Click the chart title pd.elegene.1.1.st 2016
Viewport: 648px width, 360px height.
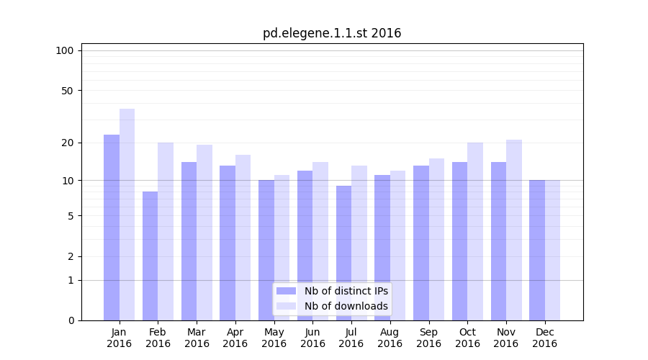click(331, 33)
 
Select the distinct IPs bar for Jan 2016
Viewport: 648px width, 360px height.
click(112, 227)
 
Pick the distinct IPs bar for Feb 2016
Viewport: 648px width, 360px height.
click(150, 256)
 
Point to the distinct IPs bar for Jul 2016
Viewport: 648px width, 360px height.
click(343, 253)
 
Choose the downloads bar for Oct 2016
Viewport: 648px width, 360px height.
click(475, 231)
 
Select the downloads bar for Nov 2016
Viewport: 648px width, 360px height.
click(513, 230)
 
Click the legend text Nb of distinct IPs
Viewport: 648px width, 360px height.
click(346, 291)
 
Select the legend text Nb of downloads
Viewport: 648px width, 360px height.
click(346, 306)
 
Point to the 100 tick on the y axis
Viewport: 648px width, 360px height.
click(65, 50)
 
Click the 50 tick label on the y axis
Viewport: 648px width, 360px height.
click(68, 91)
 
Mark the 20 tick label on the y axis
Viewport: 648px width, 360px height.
click(68, 143)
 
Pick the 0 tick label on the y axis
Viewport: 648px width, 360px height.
click(71, 320)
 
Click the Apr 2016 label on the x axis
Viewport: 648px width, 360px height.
click(235, 338)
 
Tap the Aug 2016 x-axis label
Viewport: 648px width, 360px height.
click(390, 338)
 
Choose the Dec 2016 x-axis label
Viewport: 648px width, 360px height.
click(544, 338)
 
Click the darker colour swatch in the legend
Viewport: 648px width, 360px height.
click(287, 291)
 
